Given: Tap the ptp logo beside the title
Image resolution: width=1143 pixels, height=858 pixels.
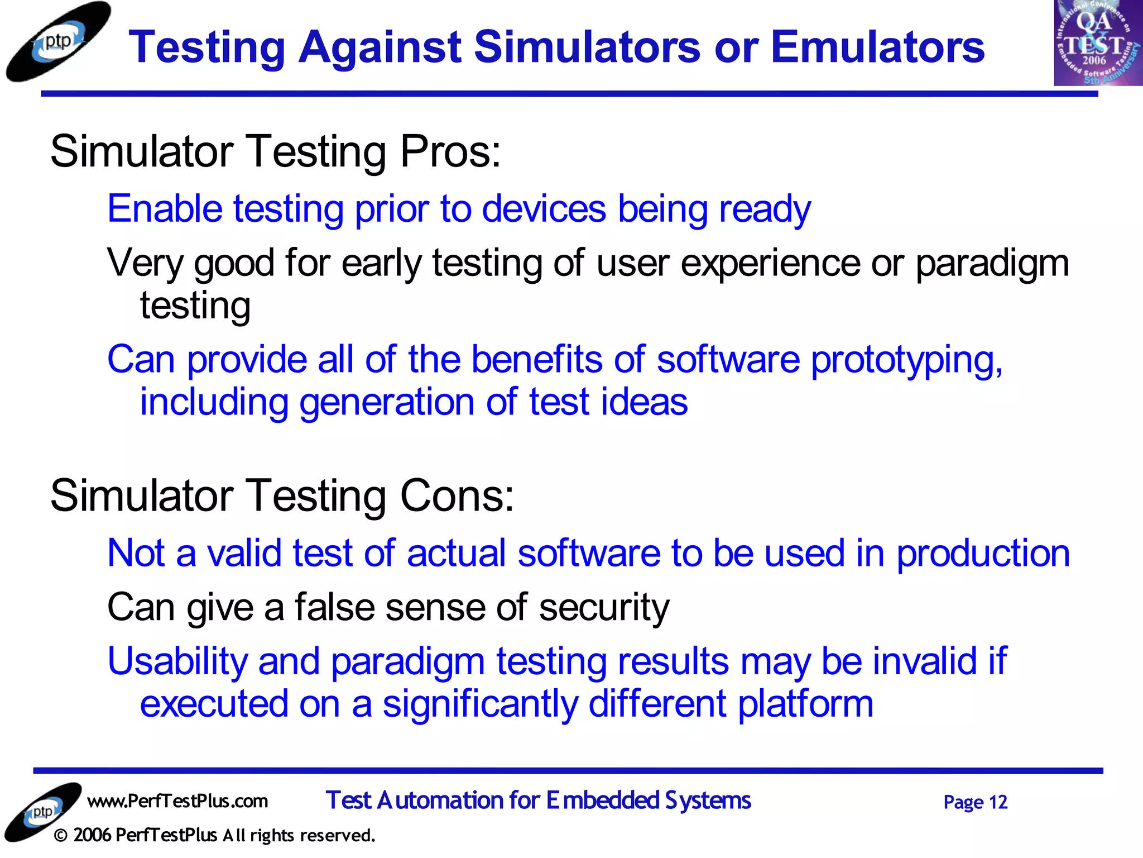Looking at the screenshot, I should (57, 42).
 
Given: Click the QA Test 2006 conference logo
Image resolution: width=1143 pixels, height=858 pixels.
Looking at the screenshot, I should (1097, 43).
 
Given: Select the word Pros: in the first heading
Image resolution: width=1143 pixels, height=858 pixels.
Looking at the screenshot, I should (450, 151).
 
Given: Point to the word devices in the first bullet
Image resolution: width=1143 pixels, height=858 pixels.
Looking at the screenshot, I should (544, 209).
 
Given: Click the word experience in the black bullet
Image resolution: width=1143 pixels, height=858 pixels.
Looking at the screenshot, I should (770, 263).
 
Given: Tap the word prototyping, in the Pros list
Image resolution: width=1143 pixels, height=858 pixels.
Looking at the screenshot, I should (906, 359).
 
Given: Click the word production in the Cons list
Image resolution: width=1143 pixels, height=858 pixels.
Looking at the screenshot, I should (983, 553).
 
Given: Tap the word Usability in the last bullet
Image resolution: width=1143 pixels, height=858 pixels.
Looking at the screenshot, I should (177, 661).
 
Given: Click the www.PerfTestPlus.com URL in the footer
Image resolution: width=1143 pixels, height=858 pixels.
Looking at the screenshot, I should (177, 801).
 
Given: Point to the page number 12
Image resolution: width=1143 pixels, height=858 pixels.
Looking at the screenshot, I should (997, 802).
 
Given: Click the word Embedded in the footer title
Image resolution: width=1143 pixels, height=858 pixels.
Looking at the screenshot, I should (602, 800).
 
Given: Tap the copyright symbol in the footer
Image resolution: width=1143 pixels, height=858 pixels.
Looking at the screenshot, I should (61, 836).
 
